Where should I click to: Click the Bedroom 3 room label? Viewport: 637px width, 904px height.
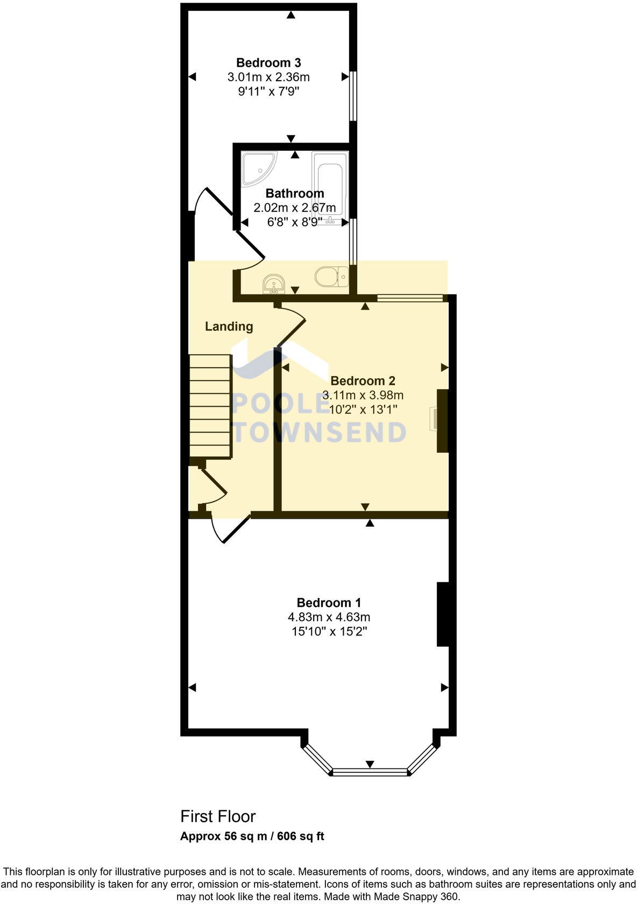coord(268,62)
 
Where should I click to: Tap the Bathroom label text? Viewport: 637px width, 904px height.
coord(295,193)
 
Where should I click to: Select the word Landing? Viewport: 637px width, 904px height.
coord(229,326)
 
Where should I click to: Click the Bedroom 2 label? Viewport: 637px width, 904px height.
coord(363,381)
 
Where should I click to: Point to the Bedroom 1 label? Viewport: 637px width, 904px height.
coord(329,603)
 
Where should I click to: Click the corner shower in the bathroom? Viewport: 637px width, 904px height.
coord(257,166)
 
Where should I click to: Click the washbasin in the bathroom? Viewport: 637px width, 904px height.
coord(274,284)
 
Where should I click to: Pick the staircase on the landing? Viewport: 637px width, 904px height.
coord(210,406)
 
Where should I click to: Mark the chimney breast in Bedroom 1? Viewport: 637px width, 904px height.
coord(443,613)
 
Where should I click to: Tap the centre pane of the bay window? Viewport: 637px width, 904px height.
coord(370,773)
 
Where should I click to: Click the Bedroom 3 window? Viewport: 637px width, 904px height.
coord(352,96)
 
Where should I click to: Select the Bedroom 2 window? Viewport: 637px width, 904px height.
coord(410,296)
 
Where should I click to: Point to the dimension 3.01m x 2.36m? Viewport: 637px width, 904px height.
coord(268,77)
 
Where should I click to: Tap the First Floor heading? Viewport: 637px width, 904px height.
coord(218,816)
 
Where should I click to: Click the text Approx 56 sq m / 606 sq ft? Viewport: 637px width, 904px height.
coord(252,836)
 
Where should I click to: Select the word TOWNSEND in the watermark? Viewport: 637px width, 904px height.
coord(321,433)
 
